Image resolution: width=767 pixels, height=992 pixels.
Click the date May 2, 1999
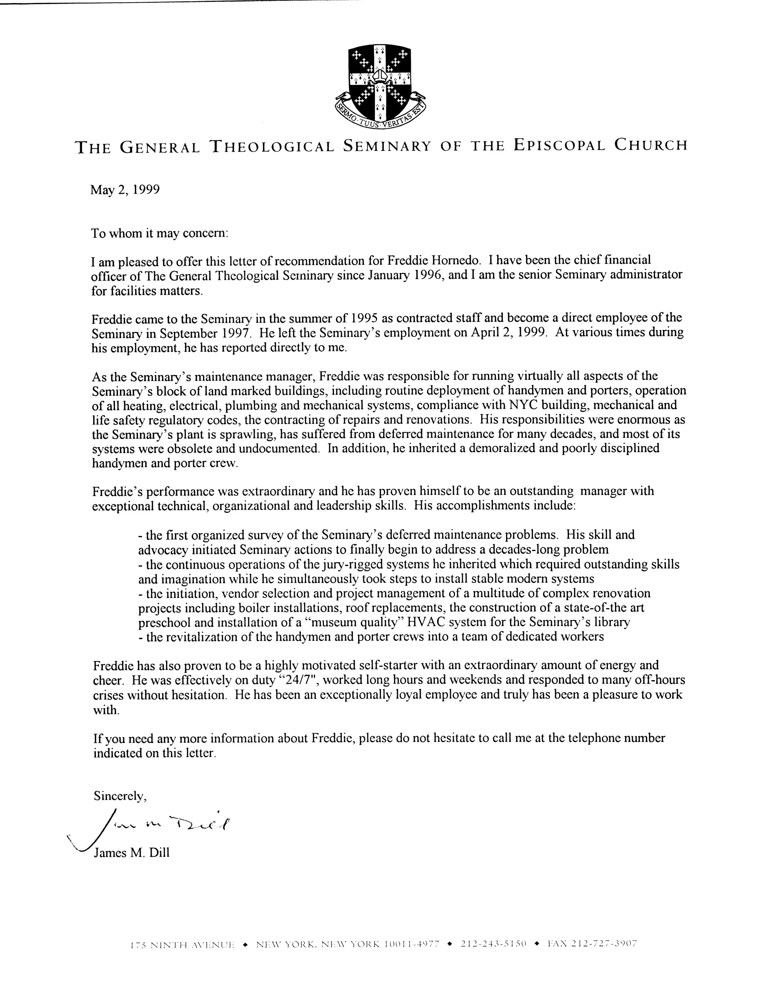125,189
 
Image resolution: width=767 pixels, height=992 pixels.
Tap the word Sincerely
119,795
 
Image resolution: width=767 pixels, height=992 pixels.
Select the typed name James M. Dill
131,852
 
